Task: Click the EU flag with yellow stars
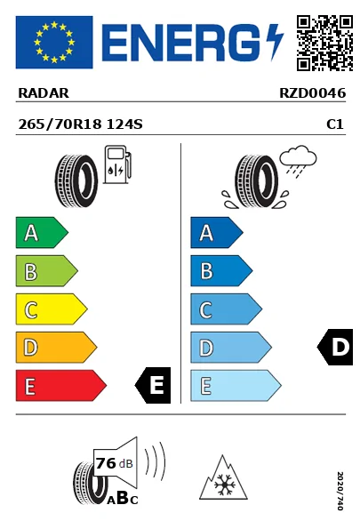[53, 42]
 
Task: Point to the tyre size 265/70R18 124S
[80, 125]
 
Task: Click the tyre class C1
[335, 125]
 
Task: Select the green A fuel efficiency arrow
[41, 233]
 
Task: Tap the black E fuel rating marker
[153, 386]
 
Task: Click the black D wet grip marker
[336, 347]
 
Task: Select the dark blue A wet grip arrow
[216, 233]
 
